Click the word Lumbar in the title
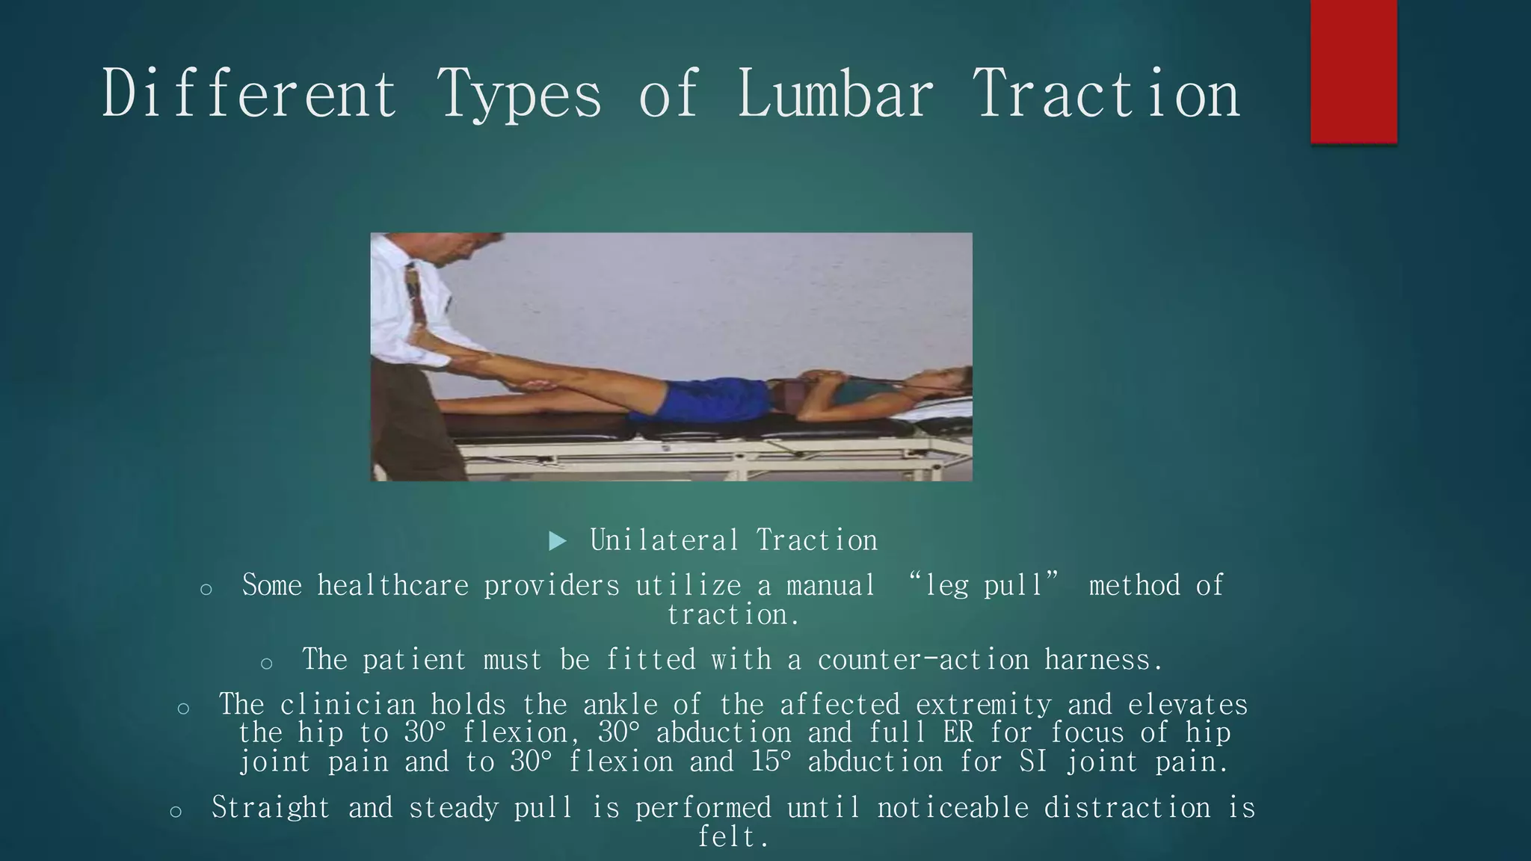click(835, 94)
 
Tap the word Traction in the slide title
click(1105, 94)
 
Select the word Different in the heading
click(249, 94)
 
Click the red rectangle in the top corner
click(1353, 71)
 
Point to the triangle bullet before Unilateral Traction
click(557, 540)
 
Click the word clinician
click(348, 705)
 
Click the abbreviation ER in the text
click(958, 732)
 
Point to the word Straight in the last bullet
click(270, 808)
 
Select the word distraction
click(1127, 808)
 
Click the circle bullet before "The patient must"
click(267, 662)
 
